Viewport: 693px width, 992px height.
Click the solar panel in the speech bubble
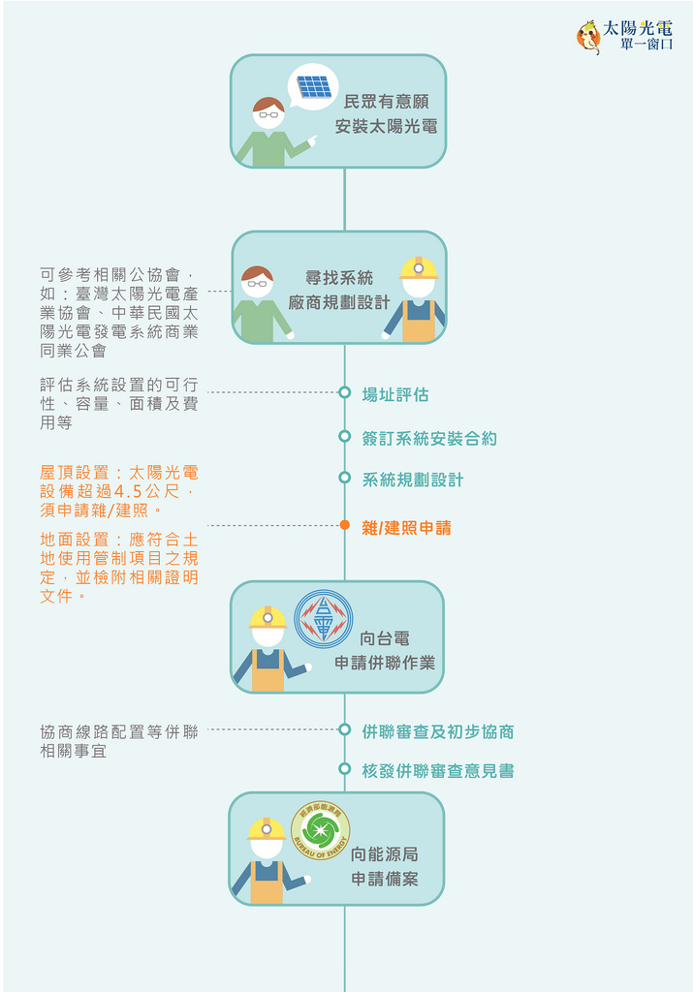tap(315, 86)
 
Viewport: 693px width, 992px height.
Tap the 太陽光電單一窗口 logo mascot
tap(588, 37)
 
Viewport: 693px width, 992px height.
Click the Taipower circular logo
tap(324, 619)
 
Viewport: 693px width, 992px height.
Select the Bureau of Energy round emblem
tap(320, 830)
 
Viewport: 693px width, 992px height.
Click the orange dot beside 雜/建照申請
tap(345, 525)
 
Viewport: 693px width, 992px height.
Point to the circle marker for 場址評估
tap(345, 393)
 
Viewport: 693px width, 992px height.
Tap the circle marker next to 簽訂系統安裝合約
tap(345, 437)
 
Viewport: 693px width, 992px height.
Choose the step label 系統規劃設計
tap(413, 480)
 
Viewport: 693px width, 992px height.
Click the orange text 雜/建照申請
tap(406, 528)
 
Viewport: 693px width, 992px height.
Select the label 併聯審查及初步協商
tap(438, 732)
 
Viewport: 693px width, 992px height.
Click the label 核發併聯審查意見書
tap(438, 771)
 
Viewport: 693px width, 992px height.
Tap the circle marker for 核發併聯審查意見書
tap(345, 768)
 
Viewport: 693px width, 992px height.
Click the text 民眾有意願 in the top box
tap(386, 102)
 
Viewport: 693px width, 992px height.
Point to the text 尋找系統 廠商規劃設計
tap(339, 291)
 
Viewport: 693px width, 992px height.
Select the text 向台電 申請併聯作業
tap(385, 650)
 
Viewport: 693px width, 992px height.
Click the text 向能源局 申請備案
tap(385, 866)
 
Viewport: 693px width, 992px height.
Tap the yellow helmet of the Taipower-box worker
tap(268, 617)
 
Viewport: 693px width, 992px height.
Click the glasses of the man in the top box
tap(269, 115)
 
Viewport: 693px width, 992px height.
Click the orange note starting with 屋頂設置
tap(119, 491)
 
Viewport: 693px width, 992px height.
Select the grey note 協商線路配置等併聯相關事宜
tap(119, 741)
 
